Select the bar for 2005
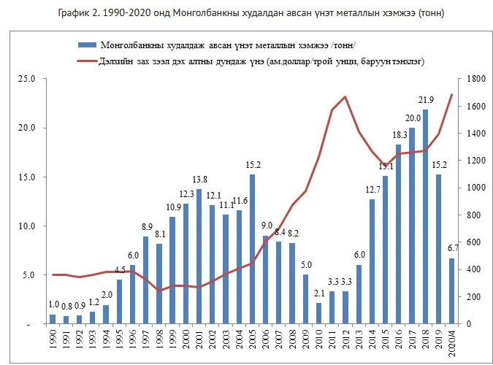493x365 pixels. (252, 250)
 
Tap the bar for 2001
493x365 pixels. (199, 256)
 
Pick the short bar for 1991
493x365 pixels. (66, 320)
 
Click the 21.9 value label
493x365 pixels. (426, 100)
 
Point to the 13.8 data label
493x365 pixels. (199, 180)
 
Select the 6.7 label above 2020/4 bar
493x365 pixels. (453, 248)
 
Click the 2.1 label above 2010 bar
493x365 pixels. (319, 293)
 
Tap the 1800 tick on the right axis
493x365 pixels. (476, 79)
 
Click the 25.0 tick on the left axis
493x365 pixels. (26, 79)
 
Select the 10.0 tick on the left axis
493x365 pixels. (26, 226)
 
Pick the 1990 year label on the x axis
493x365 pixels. (53, 339)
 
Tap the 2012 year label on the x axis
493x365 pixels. (345, 339)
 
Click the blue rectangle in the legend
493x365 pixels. (87, 45)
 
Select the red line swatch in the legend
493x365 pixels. (87, 61)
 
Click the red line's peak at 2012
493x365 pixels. (345, 97)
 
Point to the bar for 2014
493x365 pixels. (372, 261)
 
